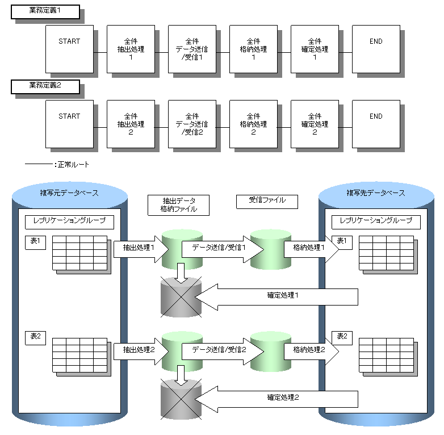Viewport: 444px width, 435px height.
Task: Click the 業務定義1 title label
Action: tap(44, 12)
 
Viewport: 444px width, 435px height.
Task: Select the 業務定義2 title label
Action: tap(44, 87)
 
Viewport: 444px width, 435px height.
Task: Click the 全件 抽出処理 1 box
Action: tap(131, 49)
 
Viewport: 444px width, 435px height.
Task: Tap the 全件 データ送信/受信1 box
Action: tap(192, 49)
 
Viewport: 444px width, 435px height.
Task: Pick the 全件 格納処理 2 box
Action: tap(253, 124)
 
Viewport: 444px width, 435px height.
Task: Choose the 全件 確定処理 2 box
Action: tap(315, 124)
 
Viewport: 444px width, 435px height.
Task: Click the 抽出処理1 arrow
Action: tap(141, 248)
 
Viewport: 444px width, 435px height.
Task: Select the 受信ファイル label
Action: tap(267, 200)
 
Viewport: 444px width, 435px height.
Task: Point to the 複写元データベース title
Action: tap(69, 193)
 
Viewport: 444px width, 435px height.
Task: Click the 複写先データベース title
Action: tap(376, 193)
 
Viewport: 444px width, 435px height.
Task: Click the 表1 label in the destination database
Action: tap(342, 241)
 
